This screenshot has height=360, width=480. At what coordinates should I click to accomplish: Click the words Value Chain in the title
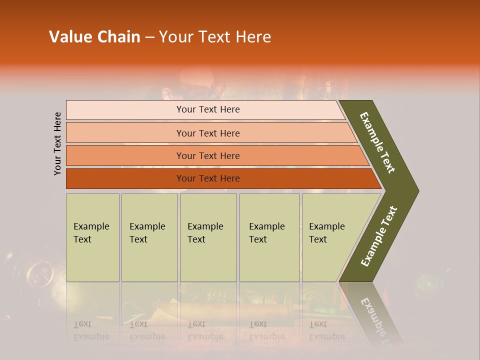[x=94, y=37]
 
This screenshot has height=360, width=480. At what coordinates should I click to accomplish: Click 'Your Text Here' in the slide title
[x=214, y=37]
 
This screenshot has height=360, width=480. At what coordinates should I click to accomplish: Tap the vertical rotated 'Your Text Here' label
[x=58, y=143]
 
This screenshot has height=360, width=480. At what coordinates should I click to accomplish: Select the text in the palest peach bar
[x=208, y=109]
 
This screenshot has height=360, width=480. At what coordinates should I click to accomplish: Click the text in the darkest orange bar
[x=208, y=178]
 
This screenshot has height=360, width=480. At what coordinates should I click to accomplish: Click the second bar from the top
[x=208, y=133]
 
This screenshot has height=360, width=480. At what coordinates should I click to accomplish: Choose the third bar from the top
[x=208, y=155]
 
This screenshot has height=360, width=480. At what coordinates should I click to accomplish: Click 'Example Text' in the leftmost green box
[x=91, y=233]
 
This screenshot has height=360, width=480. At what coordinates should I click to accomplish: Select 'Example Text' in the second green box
[x=147, y=233]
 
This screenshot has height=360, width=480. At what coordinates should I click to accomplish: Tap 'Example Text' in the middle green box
[x=205, y=233]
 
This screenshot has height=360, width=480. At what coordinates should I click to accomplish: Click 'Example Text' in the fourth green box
[x=266, y=233]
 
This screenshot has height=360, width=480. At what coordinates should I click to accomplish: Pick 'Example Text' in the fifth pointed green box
[x=326, y=233]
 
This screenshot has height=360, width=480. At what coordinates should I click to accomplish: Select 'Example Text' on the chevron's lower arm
[x=378, y=236]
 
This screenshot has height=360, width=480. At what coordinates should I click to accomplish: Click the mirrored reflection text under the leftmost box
[x=91, y=330]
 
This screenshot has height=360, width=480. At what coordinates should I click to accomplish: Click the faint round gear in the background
[x=40, y=273]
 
